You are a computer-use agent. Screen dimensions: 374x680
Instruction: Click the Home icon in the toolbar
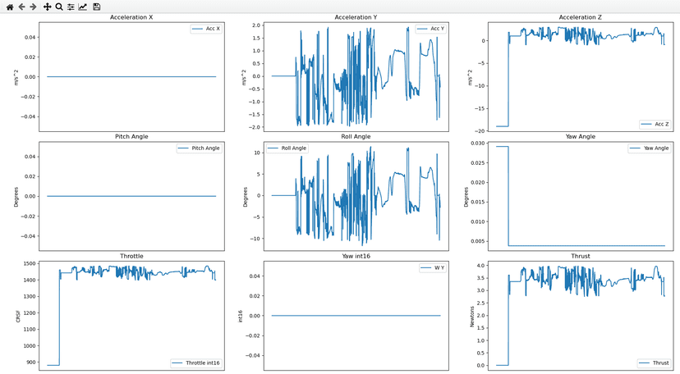click(9, 7)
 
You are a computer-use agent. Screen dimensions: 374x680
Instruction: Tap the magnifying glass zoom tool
click(59, 7)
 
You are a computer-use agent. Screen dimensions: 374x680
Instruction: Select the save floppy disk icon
click(97, 7)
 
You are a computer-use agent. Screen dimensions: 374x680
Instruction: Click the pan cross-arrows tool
click(47, 7)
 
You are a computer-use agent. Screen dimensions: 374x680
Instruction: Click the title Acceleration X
click(128, 17)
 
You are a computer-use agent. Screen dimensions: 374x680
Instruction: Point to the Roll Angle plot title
click(357, 136)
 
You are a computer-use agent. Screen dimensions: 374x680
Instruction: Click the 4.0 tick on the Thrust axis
click(479, 266)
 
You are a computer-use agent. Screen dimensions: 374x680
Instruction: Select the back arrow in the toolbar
click(21, 7)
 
